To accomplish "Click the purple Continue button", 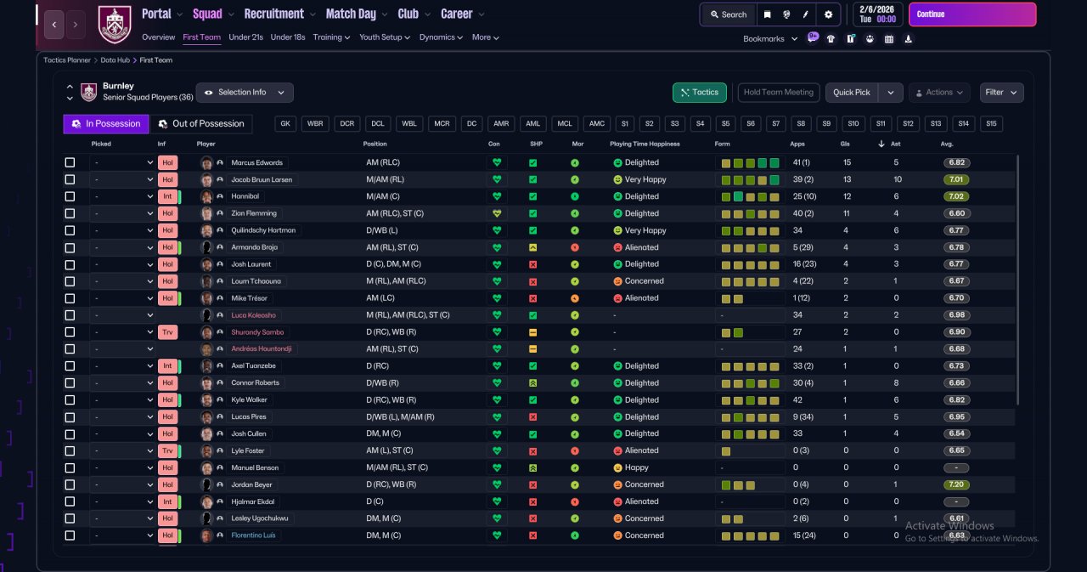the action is [972, 14].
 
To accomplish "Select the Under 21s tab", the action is [245, 37].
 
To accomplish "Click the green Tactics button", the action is [699, 93].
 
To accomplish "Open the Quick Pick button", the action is [852, 93].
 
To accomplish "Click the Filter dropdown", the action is [1001, 93].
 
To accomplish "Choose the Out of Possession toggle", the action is [201, 124].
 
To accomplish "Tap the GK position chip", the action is [285, 124].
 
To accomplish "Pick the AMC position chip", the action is [596, 124].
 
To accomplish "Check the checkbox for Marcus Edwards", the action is [70, 162].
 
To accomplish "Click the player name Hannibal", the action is [245, 196].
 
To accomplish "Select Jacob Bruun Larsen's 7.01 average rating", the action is [956, 179].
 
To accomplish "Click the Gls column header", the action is [845, 144].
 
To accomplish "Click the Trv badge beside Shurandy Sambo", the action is [167, 332].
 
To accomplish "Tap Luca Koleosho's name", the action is [253, 315].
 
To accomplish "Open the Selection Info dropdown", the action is [245, 93].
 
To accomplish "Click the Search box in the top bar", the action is [729, 14].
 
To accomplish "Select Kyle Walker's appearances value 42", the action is [797, 399].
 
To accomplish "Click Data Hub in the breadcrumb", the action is [115, 60].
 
